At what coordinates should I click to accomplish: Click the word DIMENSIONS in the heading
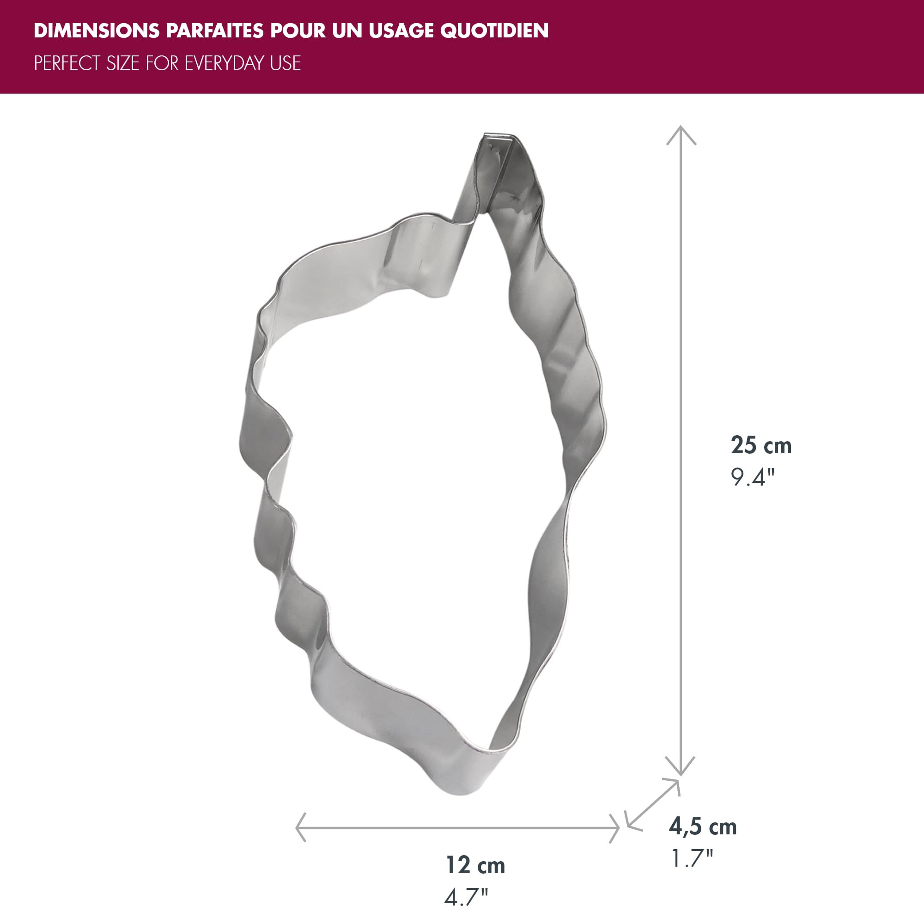97,30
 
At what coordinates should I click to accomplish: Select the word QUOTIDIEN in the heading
494,30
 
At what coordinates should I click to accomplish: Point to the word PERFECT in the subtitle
67,63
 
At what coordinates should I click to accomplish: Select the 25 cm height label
761,445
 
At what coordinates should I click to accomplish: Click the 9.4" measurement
752,477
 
